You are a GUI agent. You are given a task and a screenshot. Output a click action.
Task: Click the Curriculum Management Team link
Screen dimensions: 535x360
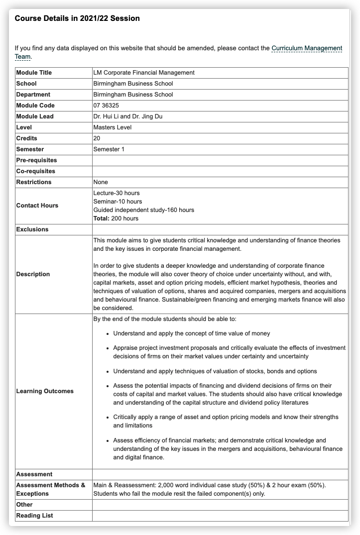[x=306, y=48]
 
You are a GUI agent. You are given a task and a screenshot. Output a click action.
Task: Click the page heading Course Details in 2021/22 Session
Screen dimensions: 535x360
[x=77, y=18]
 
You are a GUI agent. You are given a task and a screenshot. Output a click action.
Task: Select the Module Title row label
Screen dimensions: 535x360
[x=34, y=73]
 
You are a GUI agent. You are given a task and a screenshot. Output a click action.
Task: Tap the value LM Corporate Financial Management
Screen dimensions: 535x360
[x=143, y=73]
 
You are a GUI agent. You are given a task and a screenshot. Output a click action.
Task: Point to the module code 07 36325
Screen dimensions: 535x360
[x=106, y=106]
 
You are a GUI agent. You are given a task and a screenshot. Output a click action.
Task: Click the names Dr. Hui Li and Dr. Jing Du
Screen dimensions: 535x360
[x=127, y=116]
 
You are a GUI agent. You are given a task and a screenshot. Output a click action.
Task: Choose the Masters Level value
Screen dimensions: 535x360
[x=112, y=127]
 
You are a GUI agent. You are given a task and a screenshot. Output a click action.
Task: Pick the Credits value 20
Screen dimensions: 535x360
[x=97, y=138]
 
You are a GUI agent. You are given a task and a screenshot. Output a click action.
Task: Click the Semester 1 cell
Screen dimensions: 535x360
[x=109, y=149]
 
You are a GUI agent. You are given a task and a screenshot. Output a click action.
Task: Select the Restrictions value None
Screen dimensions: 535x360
[x=101, y=182]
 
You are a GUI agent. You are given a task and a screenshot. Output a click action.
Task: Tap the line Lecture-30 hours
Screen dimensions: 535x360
[x=117, y=193]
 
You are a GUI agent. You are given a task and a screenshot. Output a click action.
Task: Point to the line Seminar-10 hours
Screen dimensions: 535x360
[x=118, y=202]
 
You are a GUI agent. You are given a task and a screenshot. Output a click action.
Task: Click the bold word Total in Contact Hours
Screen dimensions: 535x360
[x=101, y=218]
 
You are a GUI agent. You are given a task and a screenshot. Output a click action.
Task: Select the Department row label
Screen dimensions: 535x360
[x=33, y=95]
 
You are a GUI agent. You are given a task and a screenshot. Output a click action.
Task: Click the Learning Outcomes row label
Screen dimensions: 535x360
[x=45, y=391]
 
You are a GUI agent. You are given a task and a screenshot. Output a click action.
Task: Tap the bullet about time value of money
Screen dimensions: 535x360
[x=192, y=333]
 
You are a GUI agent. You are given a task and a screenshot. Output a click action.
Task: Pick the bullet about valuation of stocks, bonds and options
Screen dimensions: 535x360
[x=215, y=371]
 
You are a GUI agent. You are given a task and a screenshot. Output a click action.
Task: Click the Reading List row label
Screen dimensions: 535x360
[x=34, y=516]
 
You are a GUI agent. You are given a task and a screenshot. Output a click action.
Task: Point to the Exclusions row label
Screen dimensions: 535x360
[x=32, y=229]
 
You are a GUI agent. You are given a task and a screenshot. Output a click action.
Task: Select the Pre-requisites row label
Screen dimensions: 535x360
[x=36, y=160]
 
